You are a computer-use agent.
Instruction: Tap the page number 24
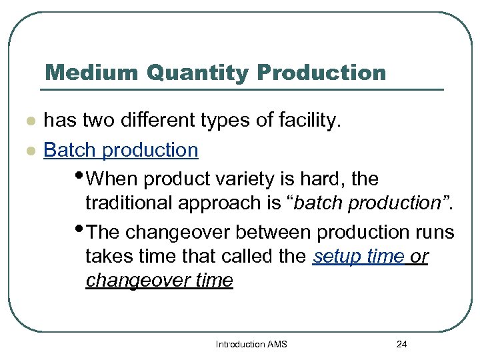pos(401,344)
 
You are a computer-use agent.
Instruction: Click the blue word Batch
pos(70,150)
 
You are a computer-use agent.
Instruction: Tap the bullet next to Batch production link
pos(28,151)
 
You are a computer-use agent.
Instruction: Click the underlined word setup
pos(335,257)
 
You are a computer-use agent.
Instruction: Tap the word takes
pos(107,257)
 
